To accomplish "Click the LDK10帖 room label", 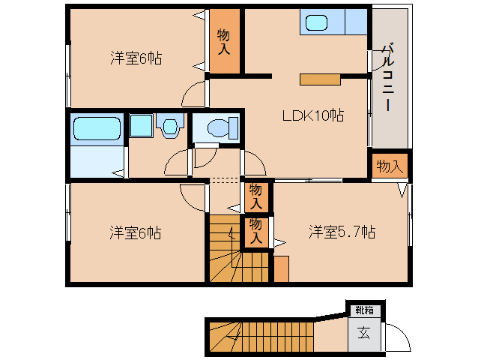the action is (x=313, y=115).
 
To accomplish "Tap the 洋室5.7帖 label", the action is (x=342, y=232).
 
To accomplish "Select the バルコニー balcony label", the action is (x=388, y=77).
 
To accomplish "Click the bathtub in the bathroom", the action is (x=97, y=128).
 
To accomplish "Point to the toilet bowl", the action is (x=218, y=127).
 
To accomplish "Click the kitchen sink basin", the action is (x=316, y=23).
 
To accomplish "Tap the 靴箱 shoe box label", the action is (x=365, y=310).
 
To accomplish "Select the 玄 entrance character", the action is (x=364, y=333).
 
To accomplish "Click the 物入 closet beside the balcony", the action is (x=390, y=166).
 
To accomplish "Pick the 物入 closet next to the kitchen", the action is (x=224, y=41).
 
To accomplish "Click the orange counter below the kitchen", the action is (x=320, y=79).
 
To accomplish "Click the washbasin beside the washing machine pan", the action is (x=170, y=126).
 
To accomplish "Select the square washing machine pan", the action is (x=141, y=126).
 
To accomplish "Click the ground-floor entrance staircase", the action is (x=261, y=337).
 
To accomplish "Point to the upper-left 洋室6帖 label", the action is (x=136, y=58).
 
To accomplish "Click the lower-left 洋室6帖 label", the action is (x=136, y=232).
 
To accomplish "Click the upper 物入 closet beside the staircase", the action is (x=256, y=197).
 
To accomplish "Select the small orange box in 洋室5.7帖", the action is (x=282, y=268).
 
